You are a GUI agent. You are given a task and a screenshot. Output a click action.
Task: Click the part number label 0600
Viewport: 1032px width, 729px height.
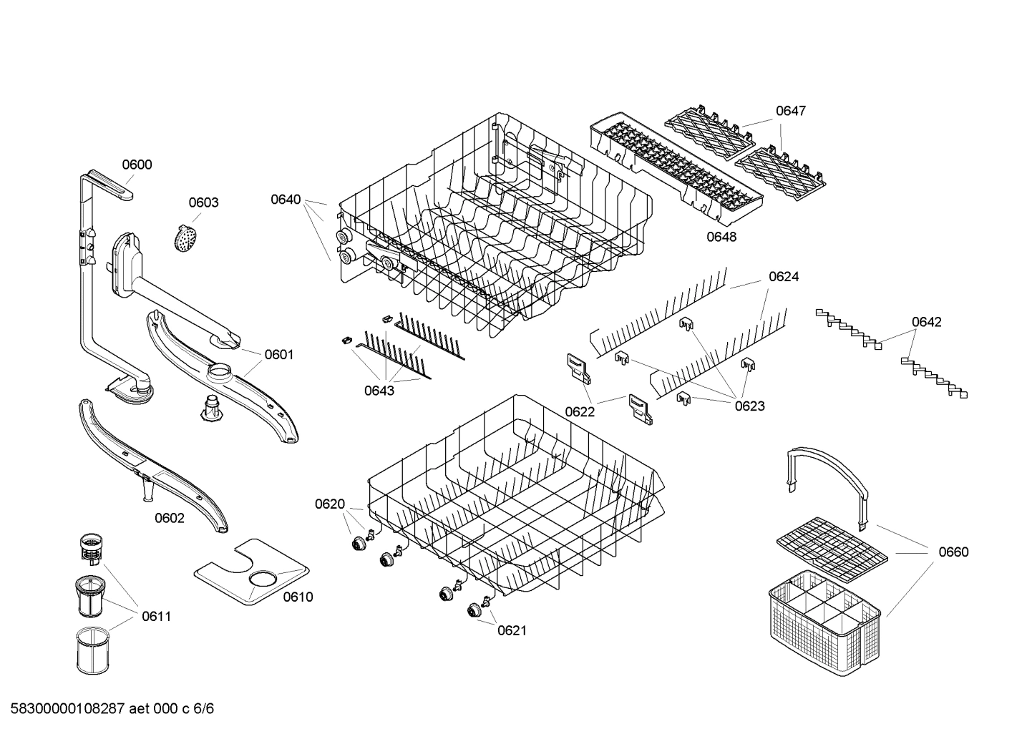tap(136, 165)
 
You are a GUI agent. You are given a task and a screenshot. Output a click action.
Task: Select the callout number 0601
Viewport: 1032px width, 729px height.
tap(279, 354)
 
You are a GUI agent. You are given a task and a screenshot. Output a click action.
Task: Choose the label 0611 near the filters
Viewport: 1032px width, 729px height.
tap(156, 616)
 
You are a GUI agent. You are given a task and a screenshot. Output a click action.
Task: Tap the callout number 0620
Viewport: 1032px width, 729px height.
tap(330, 504)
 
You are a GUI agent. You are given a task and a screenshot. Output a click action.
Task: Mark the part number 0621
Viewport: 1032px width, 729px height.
tap(512, 630)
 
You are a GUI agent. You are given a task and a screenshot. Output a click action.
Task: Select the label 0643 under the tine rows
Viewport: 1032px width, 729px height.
tap(379, 391)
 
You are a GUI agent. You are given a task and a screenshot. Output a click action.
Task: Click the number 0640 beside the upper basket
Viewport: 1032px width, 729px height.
tap(286, 200)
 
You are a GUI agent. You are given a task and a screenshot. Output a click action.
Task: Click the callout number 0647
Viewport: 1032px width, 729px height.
tap(791, 111)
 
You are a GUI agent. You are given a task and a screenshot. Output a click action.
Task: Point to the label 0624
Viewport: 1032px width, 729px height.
tap(784, 276)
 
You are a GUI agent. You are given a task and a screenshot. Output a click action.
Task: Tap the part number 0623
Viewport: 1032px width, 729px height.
tap(749, 406)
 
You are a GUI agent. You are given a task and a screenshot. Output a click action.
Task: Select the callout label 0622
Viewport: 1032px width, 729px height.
tap(580, 411)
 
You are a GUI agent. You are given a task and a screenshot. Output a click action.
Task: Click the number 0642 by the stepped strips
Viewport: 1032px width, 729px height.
tap(926, 322)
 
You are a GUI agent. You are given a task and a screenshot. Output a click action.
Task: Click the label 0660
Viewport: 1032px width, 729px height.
tap(953, 552)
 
